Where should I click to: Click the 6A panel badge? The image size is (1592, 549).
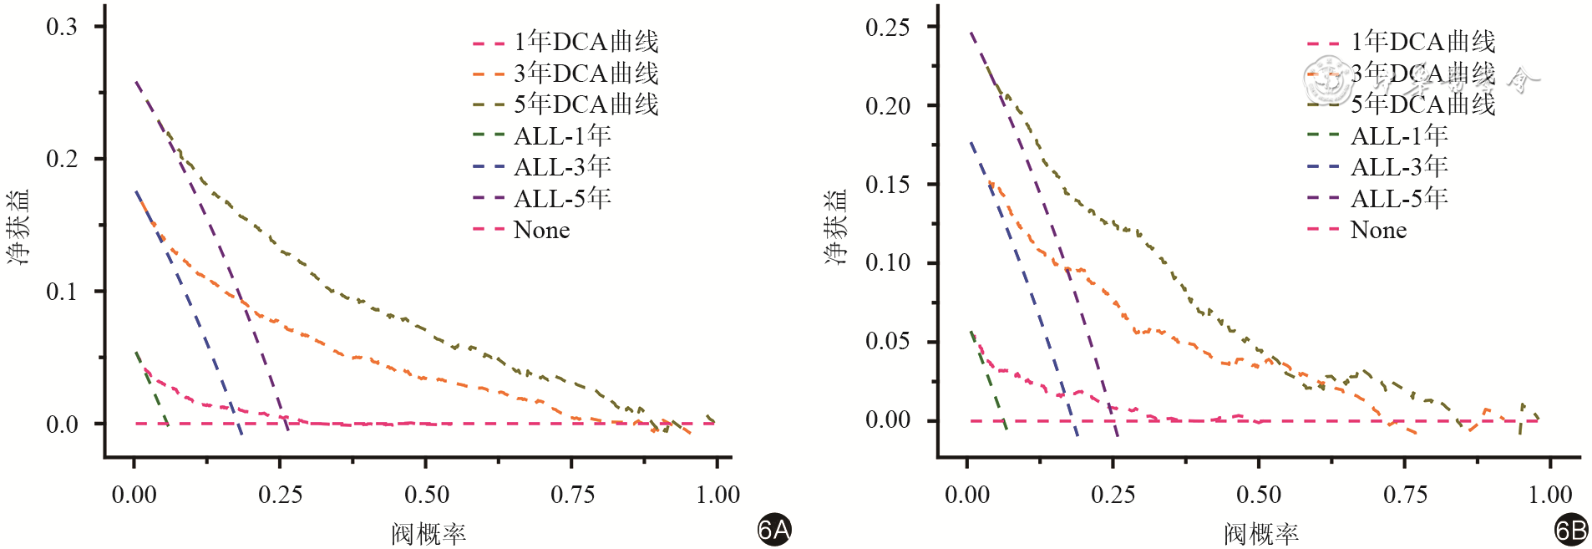[773, 530]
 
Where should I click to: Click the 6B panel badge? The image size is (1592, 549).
[1570, 530]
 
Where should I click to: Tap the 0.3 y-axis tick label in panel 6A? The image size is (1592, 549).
[61, 27]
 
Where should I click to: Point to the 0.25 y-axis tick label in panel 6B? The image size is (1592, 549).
[887, 27]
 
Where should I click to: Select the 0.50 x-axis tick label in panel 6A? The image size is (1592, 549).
[426, 495]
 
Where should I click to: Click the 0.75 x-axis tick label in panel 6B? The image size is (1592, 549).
[1405, 495]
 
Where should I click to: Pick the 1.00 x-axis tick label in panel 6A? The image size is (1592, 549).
[717, 495]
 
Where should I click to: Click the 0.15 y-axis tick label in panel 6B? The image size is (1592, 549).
[887, 184]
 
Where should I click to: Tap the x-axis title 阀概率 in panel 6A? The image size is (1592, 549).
[428, 534]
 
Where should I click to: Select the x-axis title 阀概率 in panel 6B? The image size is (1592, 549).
[1261, 534]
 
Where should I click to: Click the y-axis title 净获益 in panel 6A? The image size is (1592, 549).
[18, 227]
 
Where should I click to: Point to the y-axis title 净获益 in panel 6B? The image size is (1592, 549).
[836, 227]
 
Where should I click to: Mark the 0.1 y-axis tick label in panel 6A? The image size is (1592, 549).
[61, 292]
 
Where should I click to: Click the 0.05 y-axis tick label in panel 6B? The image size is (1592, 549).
[887, 341]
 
